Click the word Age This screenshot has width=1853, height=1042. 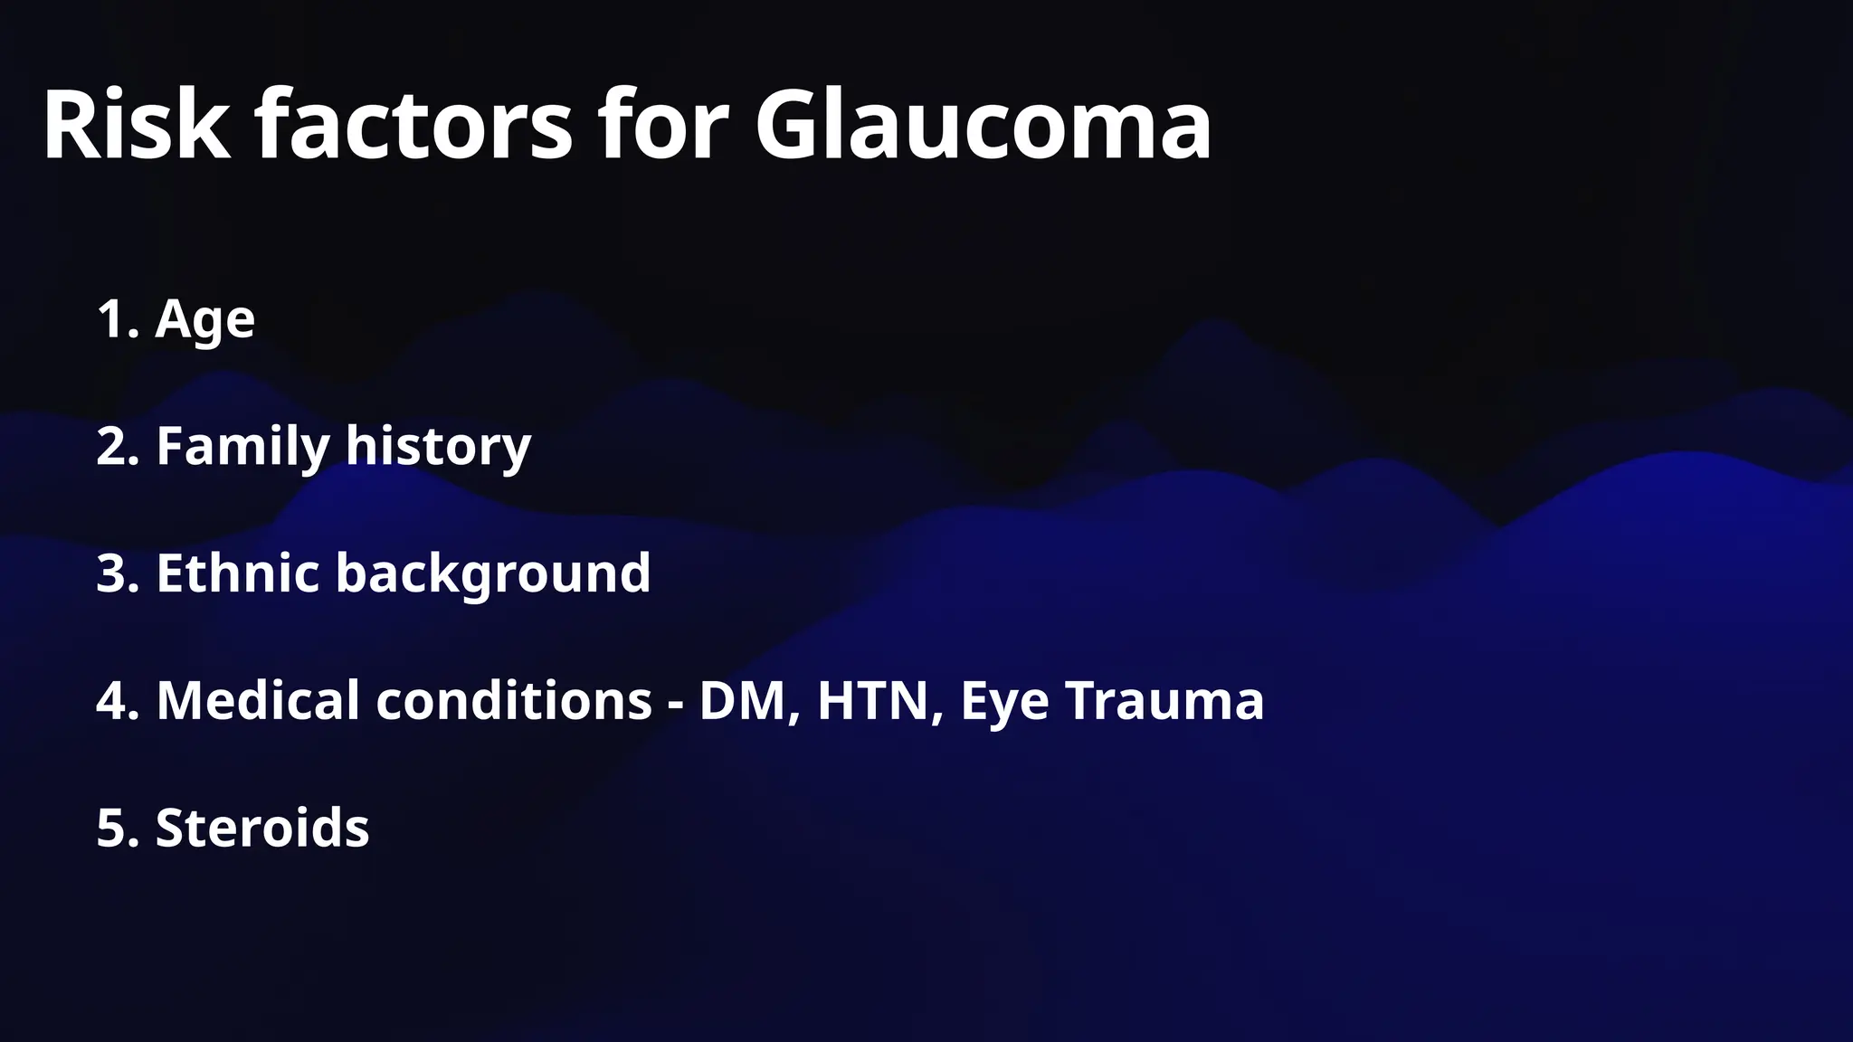tap(205, 320)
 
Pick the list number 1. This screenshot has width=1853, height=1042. tap(116, 318)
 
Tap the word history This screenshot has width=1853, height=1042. tap(438, 447)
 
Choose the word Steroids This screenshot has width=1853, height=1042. tap(262, 828)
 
